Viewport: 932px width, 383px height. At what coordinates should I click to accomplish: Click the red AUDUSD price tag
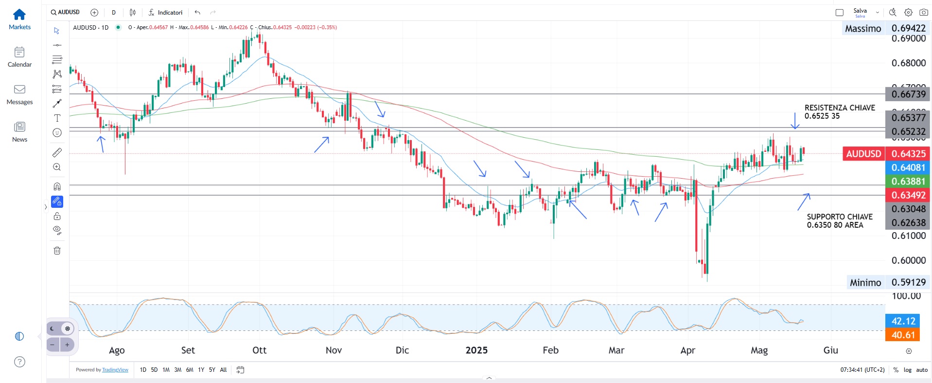863,154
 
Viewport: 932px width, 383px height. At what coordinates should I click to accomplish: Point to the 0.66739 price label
908,94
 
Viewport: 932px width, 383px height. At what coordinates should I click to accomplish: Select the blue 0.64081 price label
908,167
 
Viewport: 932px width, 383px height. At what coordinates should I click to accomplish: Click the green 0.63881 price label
908,182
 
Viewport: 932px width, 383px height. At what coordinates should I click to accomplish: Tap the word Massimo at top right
863,29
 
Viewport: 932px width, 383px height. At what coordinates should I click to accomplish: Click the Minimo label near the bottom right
865,283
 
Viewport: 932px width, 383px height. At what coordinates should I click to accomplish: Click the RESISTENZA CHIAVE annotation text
840,108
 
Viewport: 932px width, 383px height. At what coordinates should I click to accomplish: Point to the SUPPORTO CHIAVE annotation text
840,217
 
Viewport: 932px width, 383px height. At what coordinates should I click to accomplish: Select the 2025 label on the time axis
476,350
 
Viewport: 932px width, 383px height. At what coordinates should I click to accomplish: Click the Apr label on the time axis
688,350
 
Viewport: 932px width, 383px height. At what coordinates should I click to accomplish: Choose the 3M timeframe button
178,370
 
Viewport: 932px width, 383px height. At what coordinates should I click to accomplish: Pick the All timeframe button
223,370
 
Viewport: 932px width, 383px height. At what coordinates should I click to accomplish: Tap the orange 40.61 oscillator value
903,335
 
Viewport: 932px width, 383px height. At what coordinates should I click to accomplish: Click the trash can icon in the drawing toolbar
57,251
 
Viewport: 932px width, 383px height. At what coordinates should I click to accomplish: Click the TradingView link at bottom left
115,370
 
